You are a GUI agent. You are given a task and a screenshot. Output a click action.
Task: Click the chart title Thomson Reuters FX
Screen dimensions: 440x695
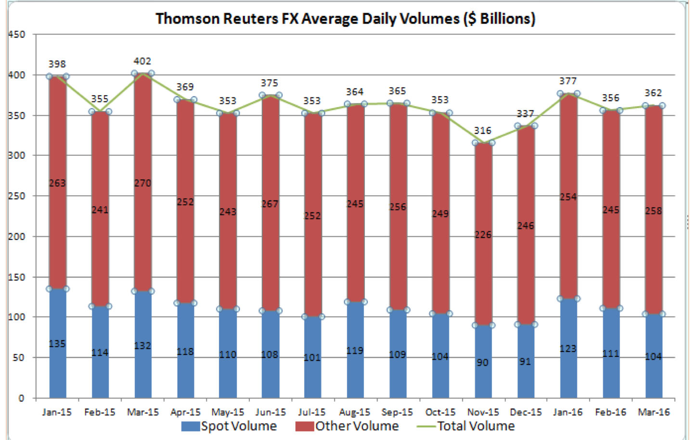click(345, 19)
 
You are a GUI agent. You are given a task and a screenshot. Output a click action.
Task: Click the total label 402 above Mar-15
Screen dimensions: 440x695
click(142, 61)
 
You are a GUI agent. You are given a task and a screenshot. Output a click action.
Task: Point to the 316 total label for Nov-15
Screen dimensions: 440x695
click(482, 130)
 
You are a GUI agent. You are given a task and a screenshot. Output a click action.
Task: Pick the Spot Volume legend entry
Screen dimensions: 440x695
click(229, 426)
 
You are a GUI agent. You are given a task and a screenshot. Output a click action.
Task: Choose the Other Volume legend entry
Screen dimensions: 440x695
click(347, 426)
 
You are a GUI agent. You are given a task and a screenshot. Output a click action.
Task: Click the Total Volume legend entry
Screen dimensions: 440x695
click(465, 426)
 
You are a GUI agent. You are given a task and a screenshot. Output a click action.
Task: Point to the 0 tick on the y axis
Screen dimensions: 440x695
click(21, 398)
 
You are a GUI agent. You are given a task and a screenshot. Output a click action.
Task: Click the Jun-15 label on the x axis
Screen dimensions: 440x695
click(270, 412)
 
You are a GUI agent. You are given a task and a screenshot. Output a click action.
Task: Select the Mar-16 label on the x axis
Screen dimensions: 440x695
click(653, 412)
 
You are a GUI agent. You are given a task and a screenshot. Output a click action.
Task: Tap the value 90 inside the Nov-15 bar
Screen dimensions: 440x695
click(482, 363)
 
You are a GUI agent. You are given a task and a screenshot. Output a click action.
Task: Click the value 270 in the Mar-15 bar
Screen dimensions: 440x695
click(142, 183)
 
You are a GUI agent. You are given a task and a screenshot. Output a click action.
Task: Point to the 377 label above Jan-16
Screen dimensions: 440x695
click(568, 81)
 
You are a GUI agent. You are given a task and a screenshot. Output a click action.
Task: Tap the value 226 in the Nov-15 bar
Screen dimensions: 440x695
click(483, 235)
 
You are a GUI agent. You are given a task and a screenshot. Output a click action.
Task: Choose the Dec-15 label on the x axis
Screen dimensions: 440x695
click(526, 412)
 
